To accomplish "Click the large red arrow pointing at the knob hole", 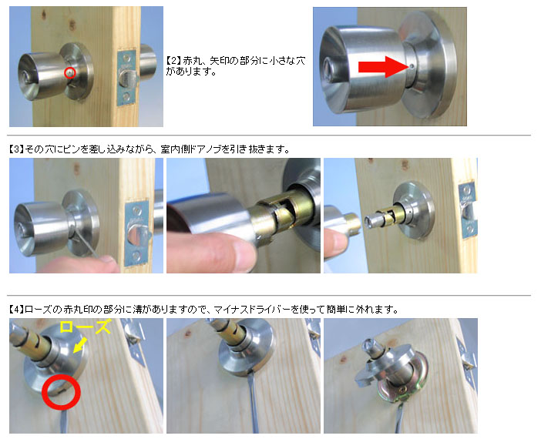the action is (383, 66).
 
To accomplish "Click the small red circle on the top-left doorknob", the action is (70, 72).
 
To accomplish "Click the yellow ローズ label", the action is (86, 327).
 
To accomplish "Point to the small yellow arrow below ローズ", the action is (79, 345).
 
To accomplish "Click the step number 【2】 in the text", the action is (173, 61).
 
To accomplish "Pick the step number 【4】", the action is (16, 310).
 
